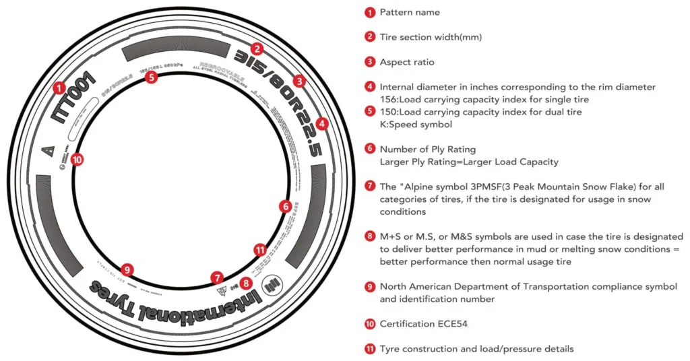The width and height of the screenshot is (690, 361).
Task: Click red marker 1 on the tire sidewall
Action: coord(59,88)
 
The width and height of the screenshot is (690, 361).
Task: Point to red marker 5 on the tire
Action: coord(151,77)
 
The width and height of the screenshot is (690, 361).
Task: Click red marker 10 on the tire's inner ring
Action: coord(77,160)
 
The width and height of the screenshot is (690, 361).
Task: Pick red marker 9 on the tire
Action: coord(127,270)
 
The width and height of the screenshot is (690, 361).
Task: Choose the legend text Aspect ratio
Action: coord(407,62)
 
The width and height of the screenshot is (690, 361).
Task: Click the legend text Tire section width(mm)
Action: coord(431,37)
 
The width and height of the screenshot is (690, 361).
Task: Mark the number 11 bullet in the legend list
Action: coord(369,349)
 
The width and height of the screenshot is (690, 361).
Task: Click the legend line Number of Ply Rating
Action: coord(428,149)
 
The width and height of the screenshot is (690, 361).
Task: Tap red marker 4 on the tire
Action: coord(322,124)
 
